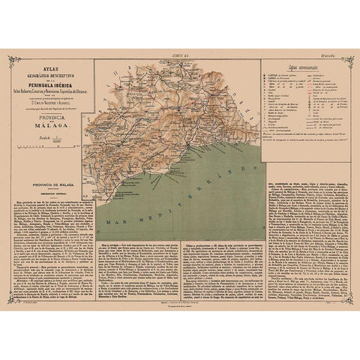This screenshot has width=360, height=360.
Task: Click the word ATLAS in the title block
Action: [x=51, y=67]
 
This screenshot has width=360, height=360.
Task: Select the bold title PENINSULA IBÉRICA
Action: [x=51, y=84]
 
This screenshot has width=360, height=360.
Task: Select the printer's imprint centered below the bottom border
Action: [x=180, y=307]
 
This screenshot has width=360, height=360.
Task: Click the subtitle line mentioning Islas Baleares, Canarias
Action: [x=51, y=91]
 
